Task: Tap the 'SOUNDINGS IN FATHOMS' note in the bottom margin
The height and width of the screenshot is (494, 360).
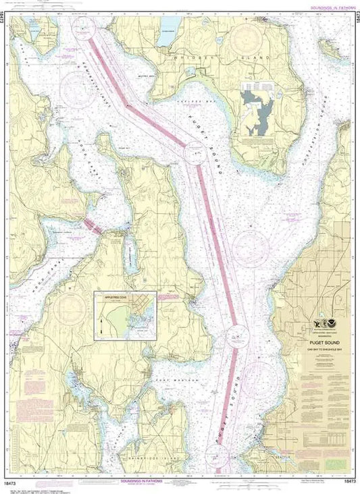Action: pyautogui.click(x=142, y=481)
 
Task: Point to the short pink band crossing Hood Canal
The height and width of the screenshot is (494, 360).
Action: pyautogui.click(x=93, y=226)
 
